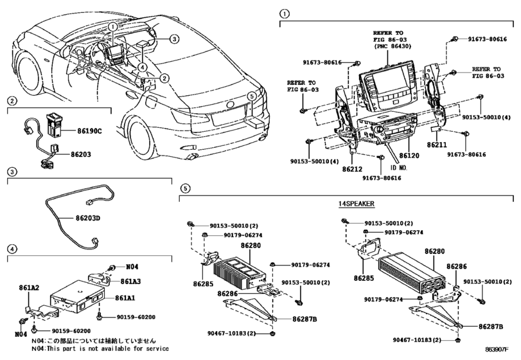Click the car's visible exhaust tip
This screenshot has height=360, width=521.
coord(190,156)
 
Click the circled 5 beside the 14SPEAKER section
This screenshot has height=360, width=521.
coord(186,188)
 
